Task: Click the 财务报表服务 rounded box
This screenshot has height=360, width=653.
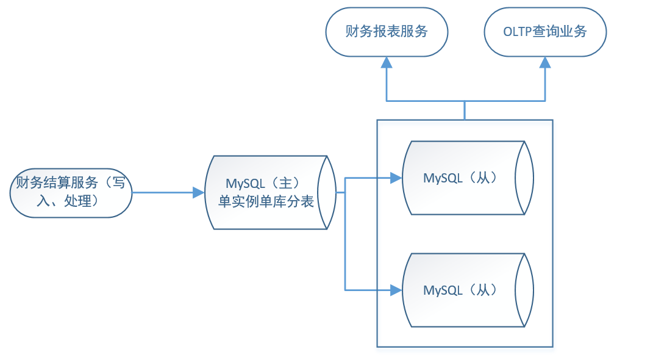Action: [387, 32]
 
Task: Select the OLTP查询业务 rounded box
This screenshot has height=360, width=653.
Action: [545, 32]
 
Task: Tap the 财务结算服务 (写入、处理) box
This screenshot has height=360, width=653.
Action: [71, 193]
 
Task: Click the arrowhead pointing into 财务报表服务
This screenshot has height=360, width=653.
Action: [387, 62]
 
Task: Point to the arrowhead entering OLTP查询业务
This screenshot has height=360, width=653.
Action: [545, 62]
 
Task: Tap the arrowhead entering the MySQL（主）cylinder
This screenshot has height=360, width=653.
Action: [199, 193]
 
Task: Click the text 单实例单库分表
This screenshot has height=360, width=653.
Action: [266, 201]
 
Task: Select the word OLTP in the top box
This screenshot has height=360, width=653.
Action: [518, 32]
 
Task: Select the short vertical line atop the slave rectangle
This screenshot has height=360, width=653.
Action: [465, 110]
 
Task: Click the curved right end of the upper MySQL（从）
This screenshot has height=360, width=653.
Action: [527, 178]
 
